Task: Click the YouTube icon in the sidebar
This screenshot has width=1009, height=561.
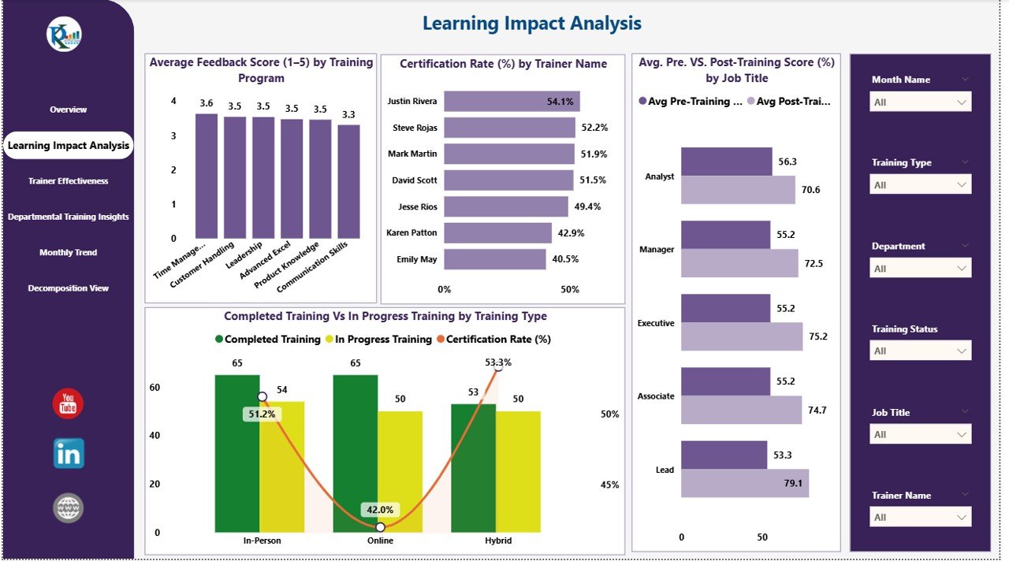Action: [68, 404]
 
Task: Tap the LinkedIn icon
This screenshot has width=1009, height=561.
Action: [69, 454]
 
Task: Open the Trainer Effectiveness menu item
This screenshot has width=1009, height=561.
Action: [69, 181]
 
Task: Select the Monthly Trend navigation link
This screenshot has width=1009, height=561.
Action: [69, 253]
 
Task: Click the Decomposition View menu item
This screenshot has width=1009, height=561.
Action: [69, 288]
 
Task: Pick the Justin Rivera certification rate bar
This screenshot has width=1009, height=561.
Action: [512, 101]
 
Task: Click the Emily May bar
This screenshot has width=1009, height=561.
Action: [495, 259]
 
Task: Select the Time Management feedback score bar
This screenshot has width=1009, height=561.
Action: [207, 176]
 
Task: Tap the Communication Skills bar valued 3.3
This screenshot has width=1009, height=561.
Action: [348, 181]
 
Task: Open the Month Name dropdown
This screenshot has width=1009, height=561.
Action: [921, 102]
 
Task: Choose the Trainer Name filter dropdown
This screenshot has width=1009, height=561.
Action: [921, 518]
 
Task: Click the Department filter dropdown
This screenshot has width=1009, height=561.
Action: [921, 269]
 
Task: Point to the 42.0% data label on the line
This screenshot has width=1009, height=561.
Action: [380, 510]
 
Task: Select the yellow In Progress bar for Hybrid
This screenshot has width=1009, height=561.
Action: [518, 471]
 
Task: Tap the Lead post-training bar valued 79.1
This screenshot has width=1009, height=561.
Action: [745, 483]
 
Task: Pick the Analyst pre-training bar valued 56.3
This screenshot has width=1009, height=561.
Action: [726, 162]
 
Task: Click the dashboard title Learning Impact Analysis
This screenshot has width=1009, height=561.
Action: [532, 24]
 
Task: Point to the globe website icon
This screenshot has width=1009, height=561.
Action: [69, 508]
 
